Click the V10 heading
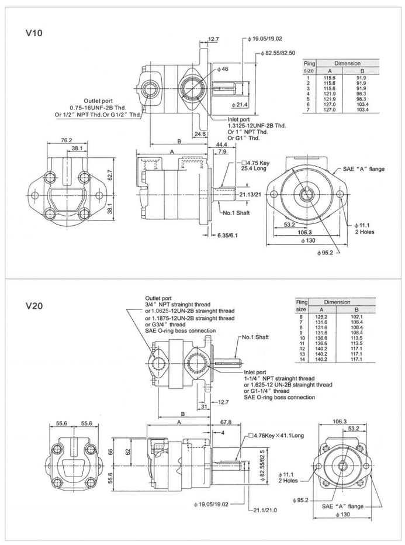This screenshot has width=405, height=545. pyautogui.click(x=33, y=33)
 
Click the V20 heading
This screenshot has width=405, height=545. pyautogui.click(x=33, y=305)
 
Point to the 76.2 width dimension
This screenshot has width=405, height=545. pyautogui.click(x=66, y=140)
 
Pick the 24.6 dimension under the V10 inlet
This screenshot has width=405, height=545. pyautogui.click(x=200, y=134)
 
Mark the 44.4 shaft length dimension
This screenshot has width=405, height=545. pyautogui.click(x=221, y=144)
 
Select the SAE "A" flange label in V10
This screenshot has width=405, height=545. pyautogui.click(x=364, y=169)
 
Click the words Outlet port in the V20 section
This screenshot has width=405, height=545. pyautogui.click(x=157, y=297)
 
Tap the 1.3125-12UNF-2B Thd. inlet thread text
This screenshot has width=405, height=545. pyautogui.click(x=257, y=126)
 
